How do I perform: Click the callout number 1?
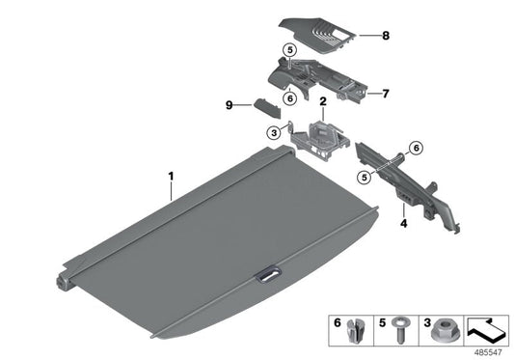click(171, 177)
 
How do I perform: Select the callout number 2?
click(323, 100)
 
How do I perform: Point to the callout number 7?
click(385, 94)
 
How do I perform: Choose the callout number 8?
click(385, 37)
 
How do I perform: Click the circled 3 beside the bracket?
click(275, 132)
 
